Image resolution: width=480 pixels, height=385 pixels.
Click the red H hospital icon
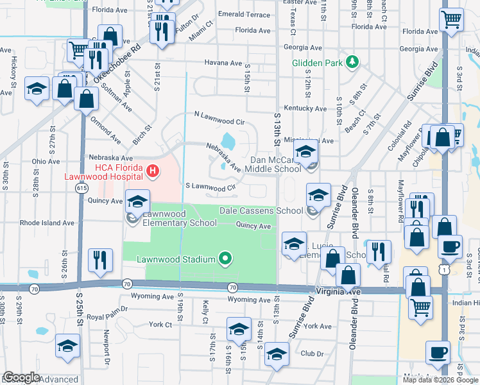153,171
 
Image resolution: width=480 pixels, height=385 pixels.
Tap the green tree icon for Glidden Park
352,62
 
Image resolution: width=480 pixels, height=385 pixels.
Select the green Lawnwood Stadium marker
225,259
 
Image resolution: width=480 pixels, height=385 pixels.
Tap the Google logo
21,377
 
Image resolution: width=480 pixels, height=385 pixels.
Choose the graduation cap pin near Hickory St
37,89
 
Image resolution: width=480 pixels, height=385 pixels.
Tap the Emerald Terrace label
244,14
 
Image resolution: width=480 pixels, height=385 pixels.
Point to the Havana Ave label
223,63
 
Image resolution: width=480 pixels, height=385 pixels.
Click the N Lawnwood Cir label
219,117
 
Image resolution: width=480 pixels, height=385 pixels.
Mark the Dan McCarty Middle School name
275,164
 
